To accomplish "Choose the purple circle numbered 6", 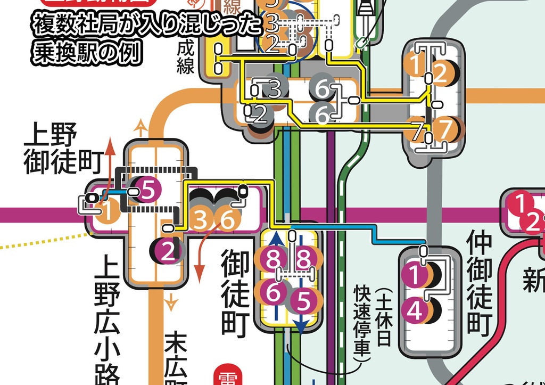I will click(273, 292).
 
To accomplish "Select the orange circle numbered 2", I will click(440, 73).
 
